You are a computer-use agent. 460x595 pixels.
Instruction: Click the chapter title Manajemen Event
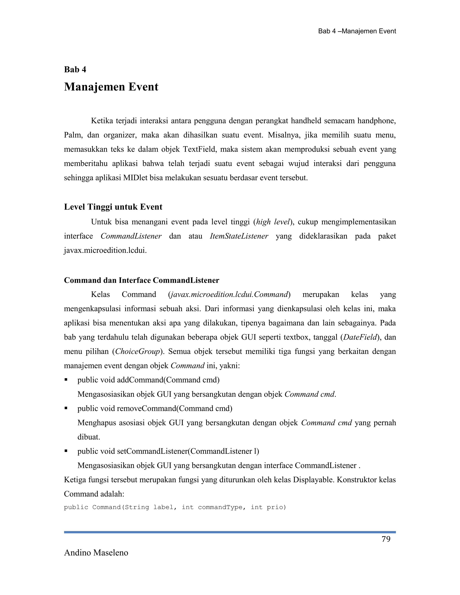pos(111,87)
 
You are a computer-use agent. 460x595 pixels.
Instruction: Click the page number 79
pos(386,539)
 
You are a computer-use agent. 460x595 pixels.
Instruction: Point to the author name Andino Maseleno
pos(96,553)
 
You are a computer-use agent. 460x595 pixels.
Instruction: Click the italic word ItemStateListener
pos(239,236)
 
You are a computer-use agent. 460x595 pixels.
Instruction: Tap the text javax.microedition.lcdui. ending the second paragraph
pos(105,250)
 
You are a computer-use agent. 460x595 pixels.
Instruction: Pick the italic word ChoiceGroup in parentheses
pos(138,351)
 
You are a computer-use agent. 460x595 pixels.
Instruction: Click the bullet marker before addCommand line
pos(66,379)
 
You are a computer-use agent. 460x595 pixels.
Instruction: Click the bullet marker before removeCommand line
pos(66,408)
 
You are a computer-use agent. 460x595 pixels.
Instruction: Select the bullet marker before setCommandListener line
pos(66,451)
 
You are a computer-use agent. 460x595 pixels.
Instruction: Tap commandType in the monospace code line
pos(220,507)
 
